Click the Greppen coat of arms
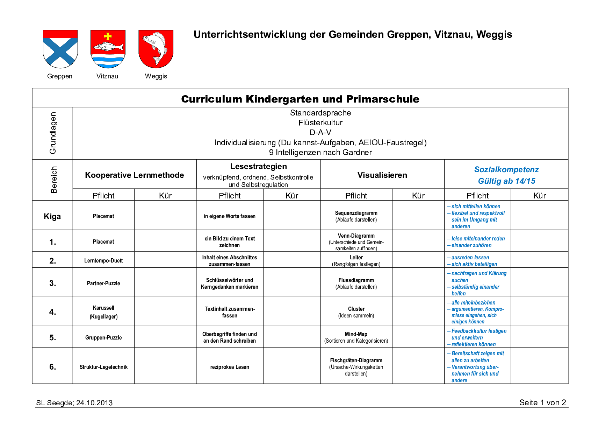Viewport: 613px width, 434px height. click(60, 49)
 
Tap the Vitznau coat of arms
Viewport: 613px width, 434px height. click(108, 49)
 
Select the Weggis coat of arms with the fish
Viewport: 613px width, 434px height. click(156, 49)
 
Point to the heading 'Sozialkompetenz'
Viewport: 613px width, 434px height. click(506, 169)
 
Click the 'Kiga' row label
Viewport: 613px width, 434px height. click(52, 216)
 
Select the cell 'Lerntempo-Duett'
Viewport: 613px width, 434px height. click(103, 260)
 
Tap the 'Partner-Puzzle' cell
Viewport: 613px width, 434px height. click(103, 283)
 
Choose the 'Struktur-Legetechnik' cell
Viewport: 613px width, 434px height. click(103, 367)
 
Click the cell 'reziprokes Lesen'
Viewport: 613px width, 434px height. click(230, 367)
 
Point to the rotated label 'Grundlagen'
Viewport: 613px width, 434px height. click(53, 133)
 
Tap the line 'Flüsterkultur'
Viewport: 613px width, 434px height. click(320, 122)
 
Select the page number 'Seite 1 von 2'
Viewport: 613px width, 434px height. click(542, 402)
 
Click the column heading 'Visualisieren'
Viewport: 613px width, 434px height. click(382, 175)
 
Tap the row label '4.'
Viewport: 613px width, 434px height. click(52, 312)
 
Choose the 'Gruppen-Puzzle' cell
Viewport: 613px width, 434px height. click(103, 337)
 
